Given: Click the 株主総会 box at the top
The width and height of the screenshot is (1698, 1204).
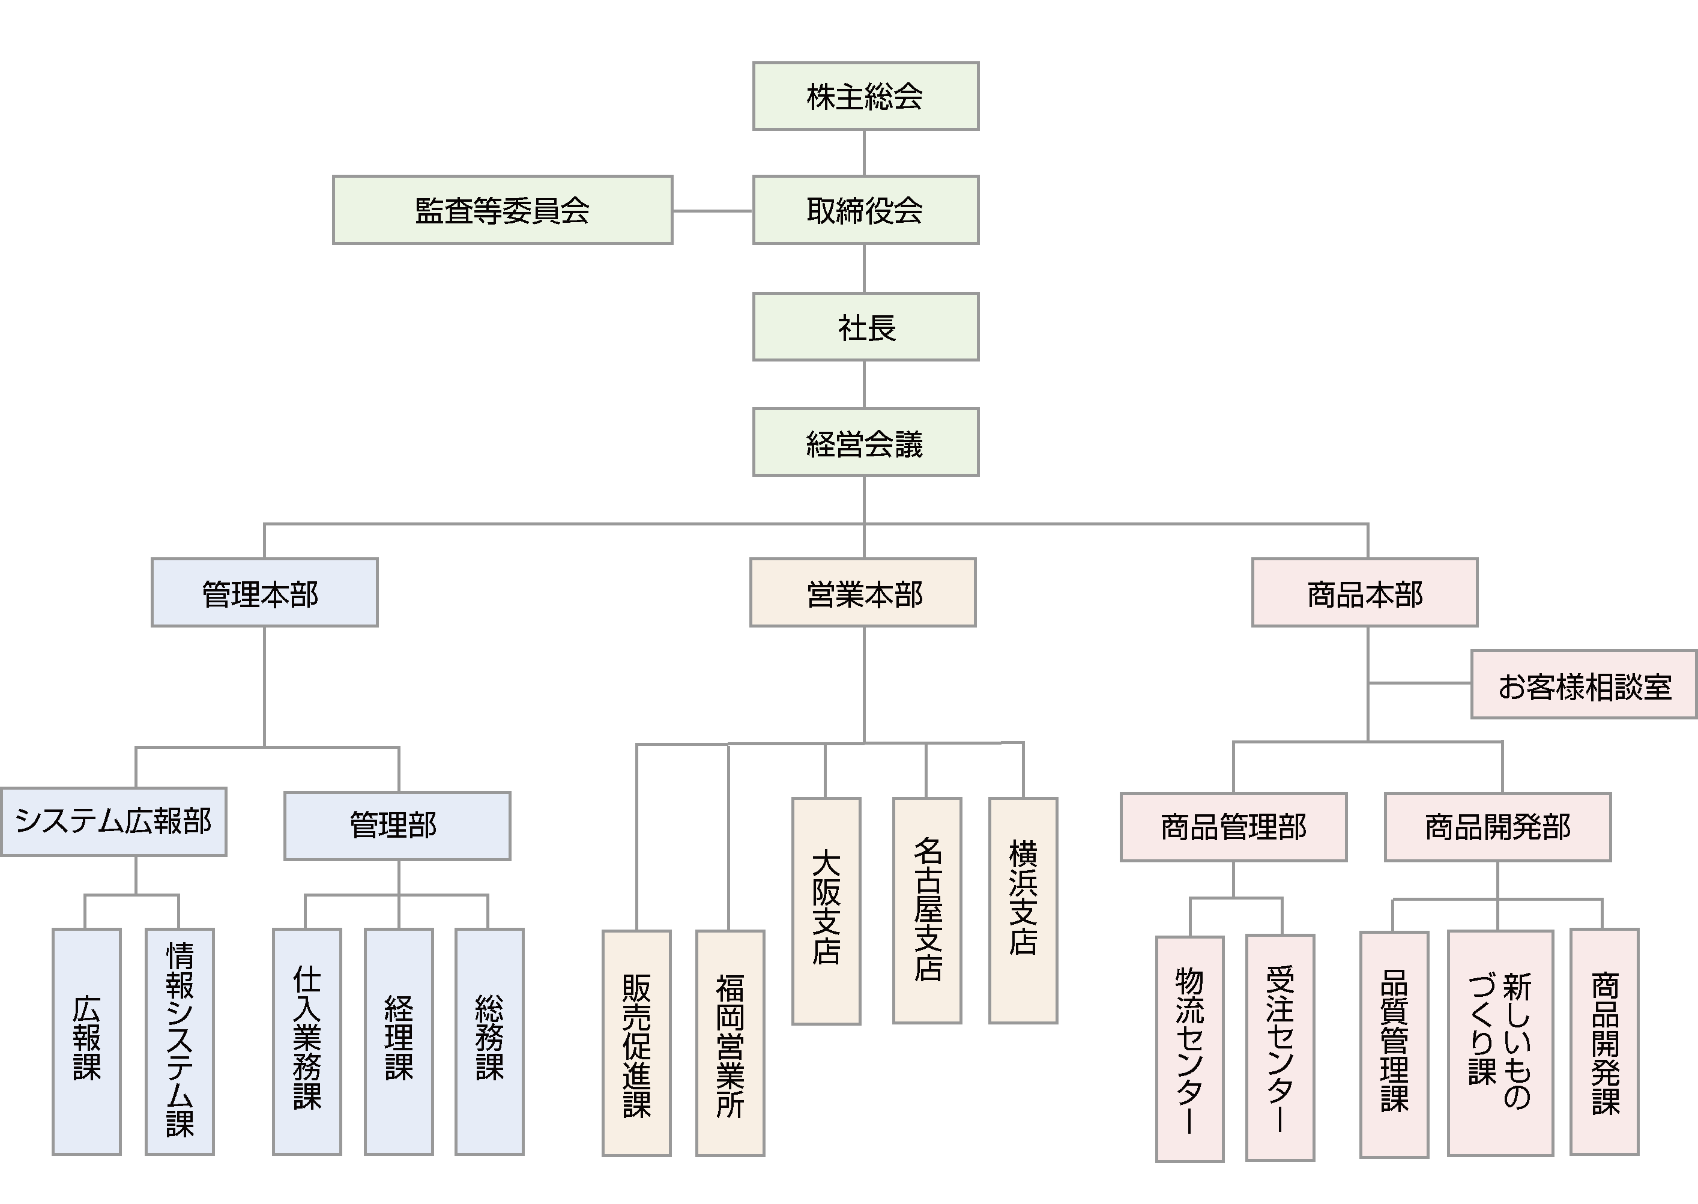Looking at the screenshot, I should (865, 96).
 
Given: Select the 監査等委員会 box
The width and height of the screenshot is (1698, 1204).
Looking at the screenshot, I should (503, 210).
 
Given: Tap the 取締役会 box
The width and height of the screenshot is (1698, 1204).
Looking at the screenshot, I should (865, 210).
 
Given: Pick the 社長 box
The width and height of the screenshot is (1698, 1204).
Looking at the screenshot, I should (865, 327).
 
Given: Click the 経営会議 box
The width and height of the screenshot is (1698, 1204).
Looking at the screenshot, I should (865, 442).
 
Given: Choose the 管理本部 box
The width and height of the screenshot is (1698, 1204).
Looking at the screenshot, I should (265, 592).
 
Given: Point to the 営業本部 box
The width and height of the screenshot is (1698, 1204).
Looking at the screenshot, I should (863, 592).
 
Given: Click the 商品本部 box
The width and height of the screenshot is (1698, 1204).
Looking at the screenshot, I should (1365, 592).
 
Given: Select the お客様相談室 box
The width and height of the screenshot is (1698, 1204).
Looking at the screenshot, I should (1584, 685).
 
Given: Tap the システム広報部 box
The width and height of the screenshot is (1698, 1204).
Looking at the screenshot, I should (113, 821).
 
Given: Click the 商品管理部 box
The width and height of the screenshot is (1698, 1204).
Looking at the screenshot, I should (1233, 827).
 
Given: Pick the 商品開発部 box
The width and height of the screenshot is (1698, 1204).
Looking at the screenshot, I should (1497, 827).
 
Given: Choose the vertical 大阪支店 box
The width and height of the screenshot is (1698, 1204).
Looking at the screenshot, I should (826, 911).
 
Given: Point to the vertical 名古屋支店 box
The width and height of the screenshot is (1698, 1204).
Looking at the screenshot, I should (926, 910).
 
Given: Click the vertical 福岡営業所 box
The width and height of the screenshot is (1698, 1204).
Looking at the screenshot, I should (730, 1043).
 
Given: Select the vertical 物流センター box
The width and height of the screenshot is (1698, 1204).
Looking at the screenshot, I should (1189, 1048).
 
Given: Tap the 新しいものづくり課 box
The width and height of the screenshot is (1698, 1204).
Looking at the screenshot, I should (1500, 1042).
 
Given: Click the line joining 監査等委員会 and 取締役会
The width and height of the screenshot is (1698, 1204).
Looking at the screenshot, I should (712, 211).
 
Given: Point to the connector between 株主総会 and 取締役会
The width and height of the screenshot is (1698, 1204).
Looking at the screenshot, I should (864, 153).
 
